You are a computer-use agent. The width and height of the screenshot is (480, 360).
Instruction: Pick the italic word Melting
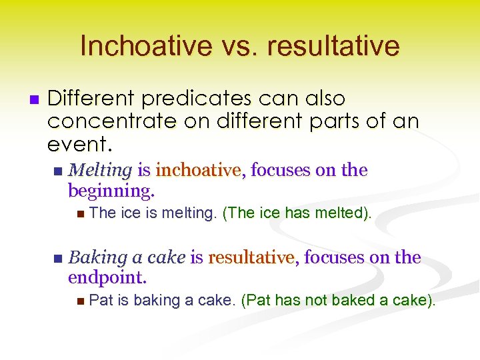tap(100, 171)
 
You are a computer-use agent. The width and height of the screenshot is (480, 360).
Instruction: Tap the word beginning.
tap(111, 192)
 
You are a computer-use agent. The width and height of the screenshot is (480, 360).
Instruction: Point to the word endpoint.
tap(107, 277)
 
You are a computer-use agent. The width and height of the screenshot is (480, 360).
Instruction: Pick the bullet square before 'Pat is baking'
tap(80, 301)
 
